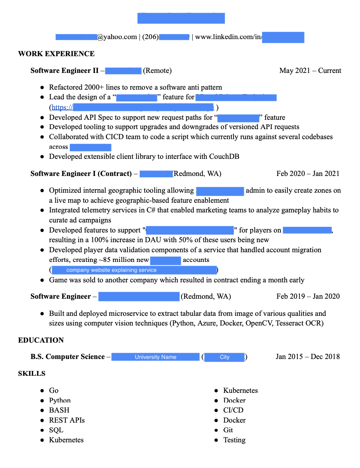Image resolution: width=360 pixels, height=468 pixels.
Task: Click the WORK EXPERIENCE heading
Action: tap(56, 54)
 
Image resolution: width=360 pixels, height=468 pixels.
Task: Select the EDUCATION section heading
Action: tap(41, 340)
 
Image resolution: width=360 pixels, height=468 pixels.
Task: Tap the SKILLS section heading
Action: tap(32, 374)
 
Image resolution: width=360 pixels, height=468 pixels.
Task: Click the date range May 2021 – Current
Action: tap(310, 71)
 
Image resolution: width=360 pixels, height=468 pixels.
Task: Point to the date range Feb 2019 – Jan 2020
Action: tap(308, 296)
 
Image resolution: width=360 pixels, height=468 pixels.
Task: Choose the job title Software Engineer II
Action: tap(64, 71)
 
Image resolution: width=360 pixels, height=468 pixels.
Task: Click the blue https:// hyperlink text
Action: tap(62, 108)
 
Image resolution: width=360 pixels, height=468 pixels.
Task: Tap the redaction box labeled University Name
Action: tap(155, 357)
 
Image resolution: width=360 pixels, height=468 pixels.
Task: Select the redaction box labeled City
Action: tap(225, 357)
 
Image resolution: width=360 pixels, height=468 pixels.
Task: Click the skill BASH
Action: tap(59, 410)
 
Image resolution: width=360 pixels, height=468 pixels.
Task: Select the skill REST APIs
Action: tap(67, 420)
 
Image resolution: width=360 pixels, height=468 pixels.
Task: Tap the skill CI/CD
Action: tap(233, 410)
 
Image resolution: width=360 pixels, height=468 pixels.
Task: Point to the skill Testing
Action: tap(234, 440)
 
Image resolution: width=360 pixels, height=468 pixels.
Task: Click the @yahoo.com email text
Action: tap(117, 37)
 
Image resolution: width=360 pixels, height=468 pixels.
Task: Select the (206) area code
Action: tap(150, 37)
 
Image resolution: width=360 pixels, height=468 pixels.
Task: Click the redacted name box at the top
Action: tap(181, 18)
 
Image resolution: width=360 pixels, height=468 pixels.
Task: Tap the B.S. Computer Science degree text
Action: tap(68, 357)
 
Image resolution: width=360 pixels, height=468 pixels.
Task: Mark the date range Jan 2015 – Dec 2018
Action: tap(308, 357)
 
